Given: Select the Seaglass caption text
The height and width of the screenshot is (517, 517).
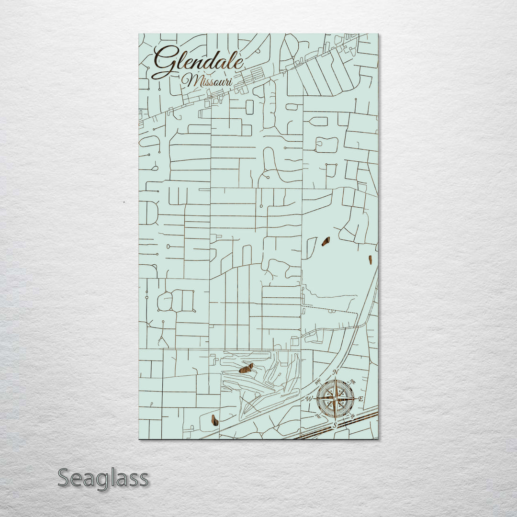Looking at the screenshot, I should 103,478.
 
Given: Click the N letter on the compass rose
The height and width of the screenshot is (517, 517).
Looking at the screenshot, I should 336,372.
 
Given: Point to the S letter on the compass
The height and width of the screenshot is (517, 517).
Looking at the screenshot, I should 335,425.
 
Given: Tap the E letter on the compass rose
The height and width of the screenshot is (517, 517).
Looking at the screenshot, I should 360,399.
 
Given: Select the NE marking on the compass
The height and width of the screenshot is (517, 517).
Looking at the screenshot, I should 353,381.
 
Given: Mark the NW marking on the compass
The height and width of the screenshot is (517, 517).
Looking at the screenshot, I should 318,382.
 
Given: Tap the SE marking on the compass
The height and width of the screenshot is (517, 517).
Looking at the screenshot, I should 353,416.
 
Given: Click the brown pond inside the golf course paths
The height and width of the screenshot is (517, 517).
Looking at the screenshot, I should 246,368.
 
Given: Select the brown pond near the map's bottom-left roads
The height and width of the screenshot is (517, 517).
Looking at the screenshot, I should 215,420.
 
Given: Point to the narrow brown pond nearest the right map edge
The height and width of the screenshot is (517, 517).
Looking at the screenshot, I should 371,259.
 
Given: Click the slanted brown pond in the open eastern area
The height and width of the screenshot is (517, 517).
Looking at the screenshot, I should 326,241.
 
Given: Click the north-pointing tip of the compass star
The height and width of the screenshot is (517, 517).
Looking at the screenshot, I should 336,379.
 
